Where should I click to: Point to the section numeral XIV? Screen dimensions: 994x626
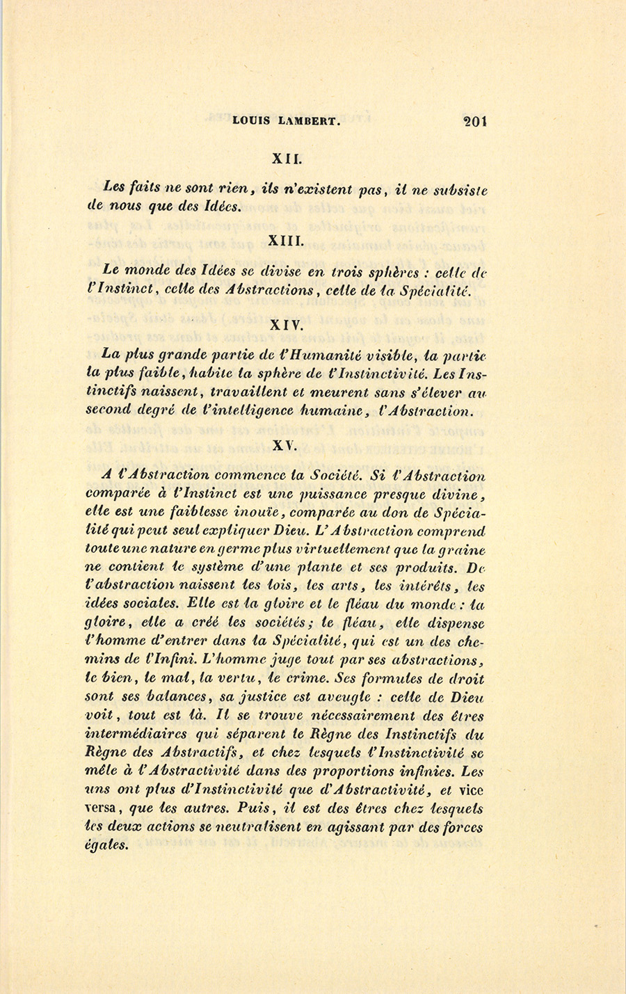286,323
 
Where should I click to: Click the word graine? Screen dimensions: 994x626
463,550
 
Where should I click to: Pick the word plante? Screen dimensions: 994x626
334,568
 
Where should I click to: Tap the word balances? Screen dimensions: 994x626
174,697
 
